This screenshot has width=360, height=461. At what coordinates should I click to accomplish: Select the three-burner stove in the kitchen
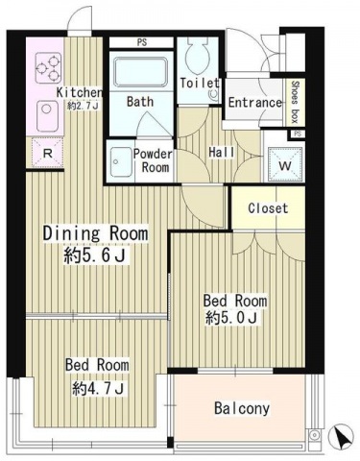(x=48, y=67)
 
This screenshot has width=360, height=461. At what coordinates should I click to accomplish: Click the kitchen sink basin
(x=47, y=116)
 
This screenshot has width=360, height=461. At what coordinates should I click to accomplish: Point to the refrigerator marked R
(x=48, y=154)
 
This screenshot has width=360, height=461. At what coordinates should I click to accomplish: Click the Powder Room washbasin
(x=120, y=162)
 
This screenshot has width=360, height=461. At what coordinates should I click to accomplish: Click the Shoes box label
(x=295, y=102)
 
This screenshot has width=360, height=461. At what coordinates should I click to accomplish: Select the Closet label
(x=268, y=208)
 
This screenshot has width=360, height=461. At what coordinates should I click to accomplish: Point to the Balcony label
(x=242, y=408)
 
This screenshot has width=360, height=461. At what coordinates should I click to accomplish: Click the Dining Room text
(x=95, y=233)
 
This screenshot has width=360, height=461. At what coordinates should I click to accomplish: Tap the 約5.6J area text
(x=94, y=255)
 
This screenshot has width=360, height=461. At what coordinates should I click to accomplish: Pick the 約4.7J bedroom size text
(x=98, y=388)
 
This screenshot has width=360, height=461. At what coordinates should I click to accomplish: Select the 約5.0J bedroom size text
(x=231, y=318)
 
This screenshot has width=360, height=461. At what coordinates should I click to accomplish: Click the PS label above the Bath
(x=142, y=42)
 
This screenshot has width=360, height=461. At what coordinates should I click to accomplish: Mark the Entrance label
(x=255, y=103)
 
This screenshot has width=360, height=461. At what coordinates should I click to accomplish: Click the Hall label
(x=222, y=152)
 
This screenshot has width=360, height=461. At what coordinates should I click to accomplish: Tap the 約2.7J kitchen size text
(x=83, y=106)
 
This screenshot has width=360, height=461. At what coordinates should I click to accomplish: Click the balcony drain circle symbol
(x=315, y=435)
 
